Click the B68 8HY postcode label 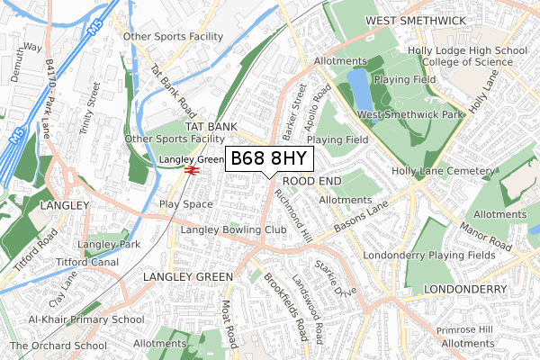[x=269, y=159]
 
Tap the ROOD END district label [x=317, y=181]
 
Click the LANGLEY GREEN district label [x=188, y=276]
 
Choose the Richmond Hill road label [x=293, y=209]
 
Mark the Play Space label [x=185, y=204]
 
